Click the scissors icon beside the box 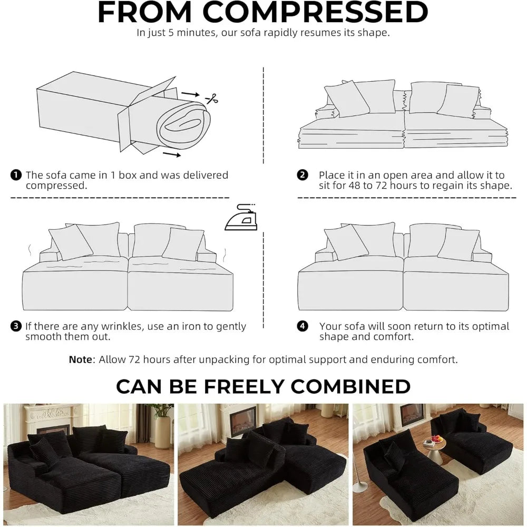(212, 99)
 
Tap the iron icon (241, 217)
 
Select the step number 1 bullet (16, 175)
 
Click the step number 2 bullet (302, 175)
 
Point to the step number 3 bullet (16, 326)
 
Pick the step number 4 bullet (302, 326)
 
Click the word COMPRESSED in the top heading (316, 12)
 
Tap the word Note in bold (80, 359)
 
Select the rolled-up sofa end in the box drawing (184, 124)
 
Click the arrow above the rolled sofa (190, 94)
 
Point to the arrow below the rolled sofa (172, 154)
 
